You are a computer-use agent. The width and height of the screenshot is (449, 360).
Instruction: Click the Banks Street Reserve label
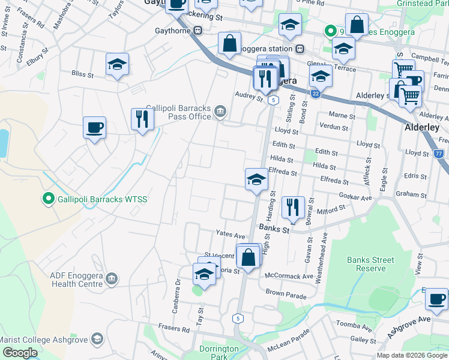tap(371, 264)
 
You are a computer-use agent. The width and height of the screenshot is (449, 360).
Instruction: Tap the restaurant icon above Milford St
tap(293, 208)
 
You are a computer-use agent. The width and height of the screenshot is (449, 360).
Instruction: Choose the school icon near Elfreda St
tap(256, 179)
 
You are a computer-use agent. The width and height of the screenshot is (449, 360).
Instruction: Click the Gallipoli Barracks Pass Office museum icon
tap(220, 110)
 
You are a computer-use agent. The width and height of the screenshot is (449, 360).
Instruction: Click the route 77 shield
tap(439, 154)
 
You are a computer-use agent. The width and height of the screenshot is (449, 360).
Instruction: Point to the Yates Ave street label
tap(231, 235)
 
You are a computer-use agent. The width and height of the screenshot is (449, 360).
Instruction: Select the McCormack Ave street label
tap(291, 277)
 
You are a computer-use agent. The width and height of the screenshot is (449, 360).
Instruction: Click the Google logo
tap(20, 353)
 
